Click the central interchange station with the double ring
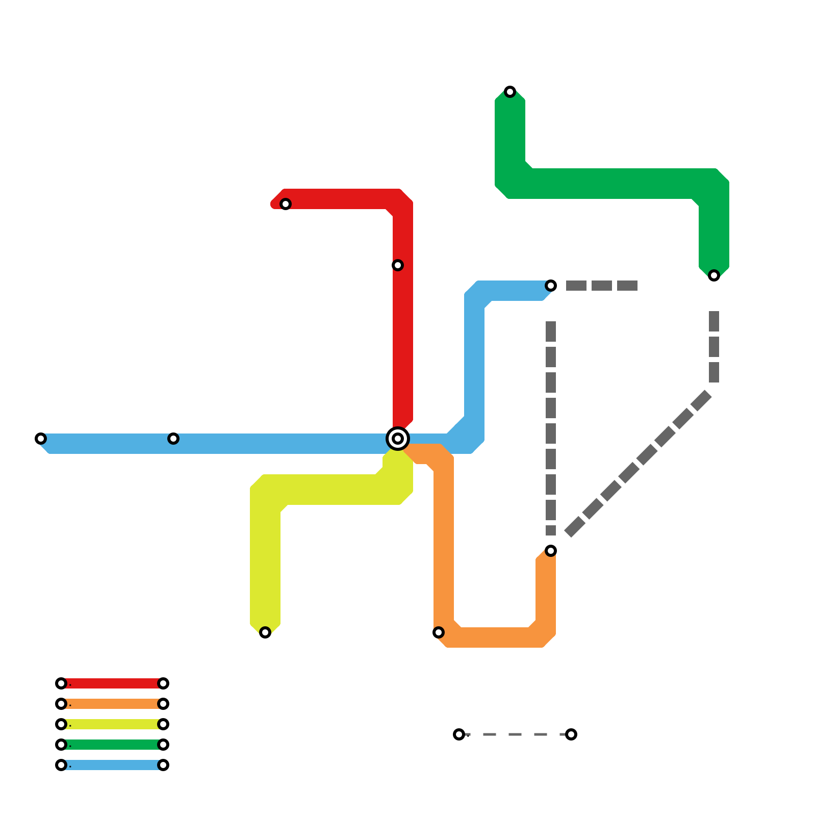(398, 439)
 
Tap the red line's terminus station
(286, 204)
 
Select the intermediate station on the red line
(398, 265)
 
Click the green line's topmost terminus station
(510, 92)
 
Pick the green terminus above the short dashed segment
(714, 275)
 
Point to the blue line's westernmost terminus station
(41, 439)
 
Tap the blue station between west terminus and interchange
(173, 439)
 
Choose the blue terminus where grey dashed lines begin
(551, 286)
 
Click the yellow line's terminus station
(265, 632)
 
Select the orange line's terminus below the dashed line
(551, 551)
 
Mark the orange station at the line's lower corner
(439, 632)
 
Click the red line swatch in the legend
(112, 683)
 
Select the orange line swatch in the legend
(112, 704)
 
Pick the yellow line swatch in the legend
(112, 724)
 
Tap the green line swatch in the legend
(112, 745)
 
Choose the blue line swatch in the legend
(112, 765)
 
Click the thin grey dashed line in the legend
(515, 734)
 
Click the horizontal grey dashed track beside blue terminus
(602, 286)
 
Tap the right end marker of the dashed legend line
(571, 734)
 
